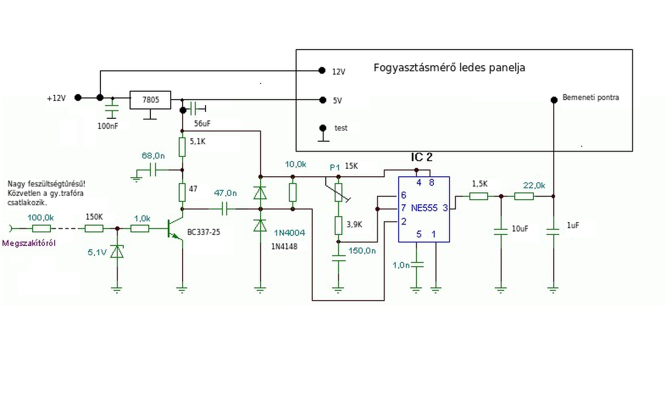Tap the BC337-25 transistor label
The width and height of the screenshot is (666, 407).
(x=203, y=232)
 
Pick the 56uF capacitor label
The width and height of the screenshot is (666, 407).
(x=202, y=124)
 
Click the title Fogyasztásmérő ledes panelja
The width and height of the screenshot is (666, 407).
(x=449, y=68)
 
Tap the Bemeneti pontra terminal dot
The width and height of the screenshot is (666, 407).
(x=554, y=99)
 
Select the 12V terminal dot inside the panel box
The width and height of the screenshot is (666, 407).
(x=321, y=70)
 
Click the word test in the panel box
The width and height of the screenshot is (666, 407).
(x=341, y=128)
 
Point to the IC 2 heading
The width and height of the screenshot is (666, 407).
(x=421, y=158)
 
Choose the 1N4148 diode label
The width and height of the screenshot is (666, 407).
(x=284, y=246)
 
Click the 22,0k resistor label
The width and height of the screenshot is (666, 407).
(x=534, y=185)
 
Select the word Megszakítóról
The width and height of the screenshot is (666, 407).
(x=29, y=243)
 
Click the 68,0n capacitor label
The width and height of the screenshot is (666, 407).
(x=153, y=155)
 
